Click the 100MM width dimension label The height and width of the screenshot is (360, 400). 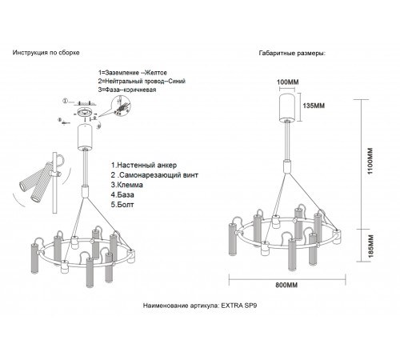(x=288, y=82)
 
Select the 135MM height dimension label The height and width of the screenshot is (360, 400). (x=314, y=106)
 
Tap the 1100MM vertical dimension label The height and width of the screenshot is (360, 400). (x=370, y=161)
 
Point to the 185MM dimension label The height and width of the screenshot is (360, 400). (x=370, y=246)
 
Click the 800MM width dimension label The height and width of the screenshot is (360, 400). (x=286, y=285)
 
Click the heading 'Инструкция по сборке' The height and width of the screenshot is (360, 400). (x=46, y=53)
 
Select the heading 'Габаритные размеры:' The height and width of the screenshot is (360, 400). (x=292, y=53)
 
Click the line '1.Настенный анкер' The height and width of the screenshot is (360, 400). (x=144, y=165)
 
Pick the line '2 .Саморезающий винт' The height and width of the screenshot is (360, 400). (x=154, y=175)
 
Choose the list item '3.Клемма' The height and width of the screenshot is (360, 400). (x=127, y=185)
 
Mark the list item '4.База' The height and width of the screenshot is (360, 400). (x=122, y=194)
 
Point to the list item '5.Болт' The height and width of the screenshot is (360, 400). (x=122, y=205)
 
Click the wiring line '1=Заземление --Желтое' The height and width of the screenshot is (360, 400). (x=133, y=73)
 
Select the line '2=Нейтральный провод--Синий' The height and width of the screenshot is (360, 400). (x=142, y=81)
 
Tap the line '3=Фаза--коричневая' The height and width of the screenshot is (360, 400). (x=127, y=90)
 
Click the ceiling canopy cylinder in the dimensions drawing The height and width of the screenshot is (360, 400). (x=287, y=108)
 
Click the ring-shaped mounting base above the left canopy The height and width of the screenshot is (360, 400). (x=85, y=112)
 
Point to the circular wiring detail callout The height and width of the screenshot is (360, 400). (x=121, y=106)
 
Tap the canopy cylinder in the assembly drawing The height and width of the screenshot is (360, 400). (x=85, y=138)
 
